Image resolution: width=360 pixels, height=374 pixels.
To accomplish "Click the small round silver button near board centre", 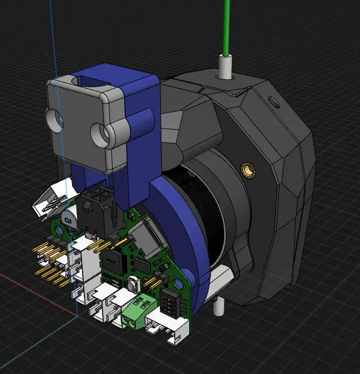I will [131, 282].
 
